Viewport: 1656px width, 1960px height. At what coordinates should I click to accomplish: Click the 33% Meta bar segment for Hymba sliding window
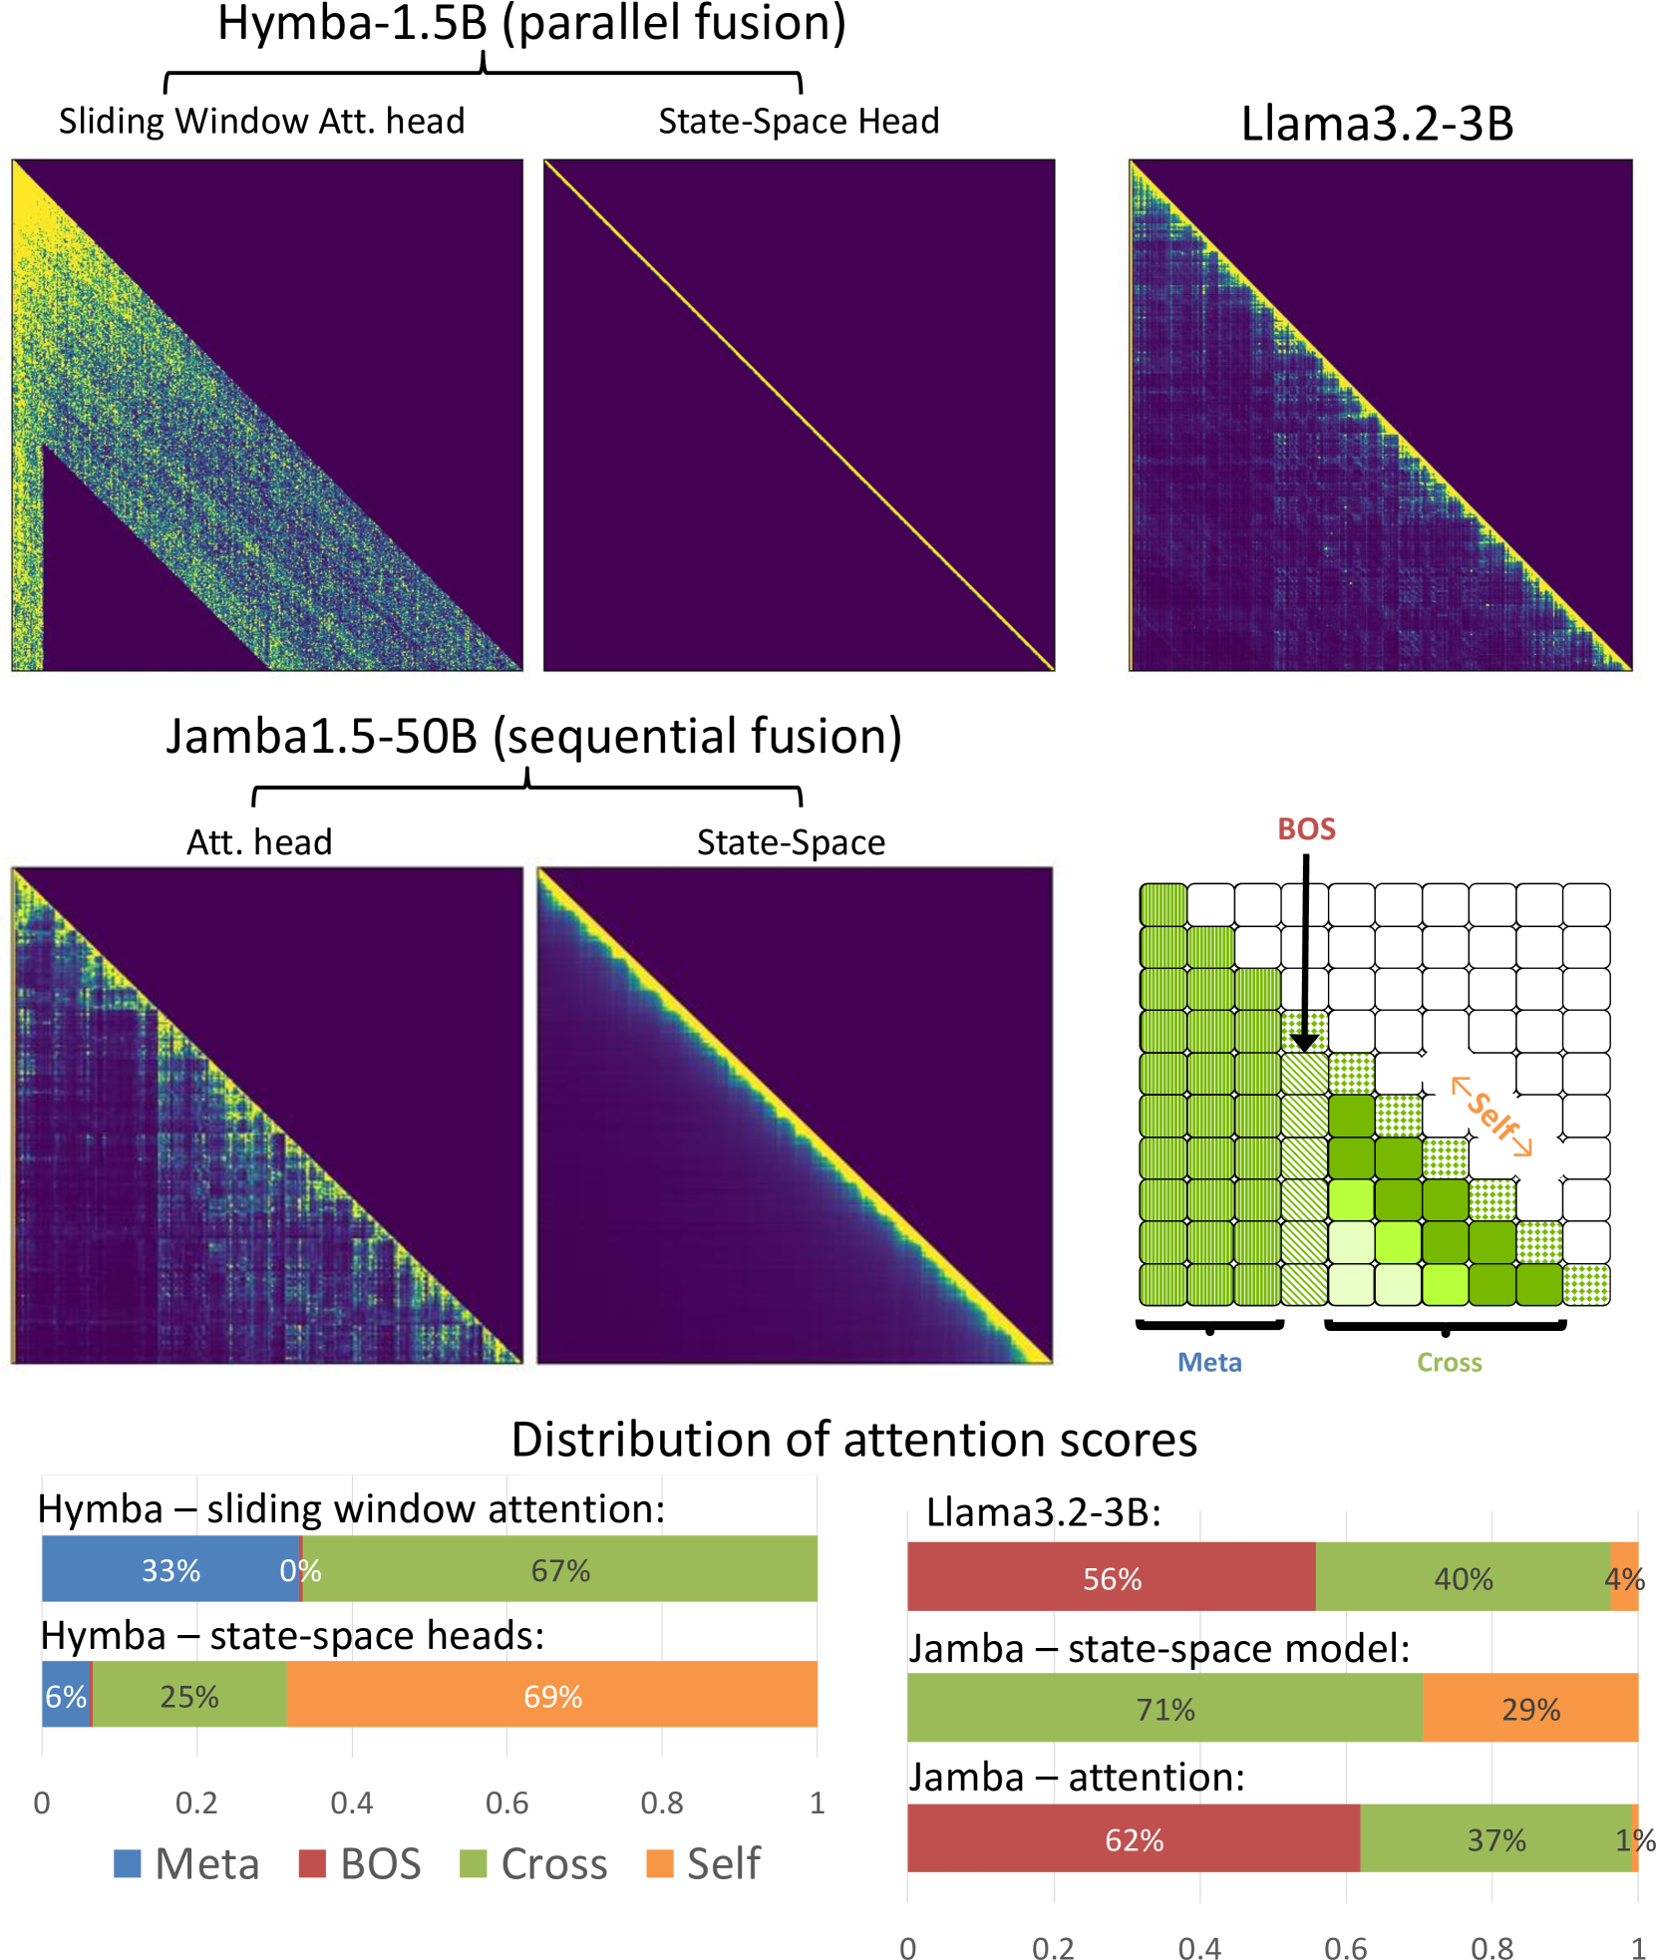pyautogui.click(x=170, y=1570)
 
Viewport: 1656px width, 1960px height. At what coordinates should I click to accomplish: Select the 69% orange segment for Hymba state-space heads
pyautogui.click(x=552, y=1696)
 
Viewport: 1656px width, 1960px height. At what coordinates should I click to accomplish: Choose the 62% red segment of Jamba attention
pyautogui.click(x=1134, y=1839)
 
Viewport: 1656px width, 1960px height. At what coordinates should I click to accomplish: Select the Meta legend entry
pyautogui.click(x=187, y=1863)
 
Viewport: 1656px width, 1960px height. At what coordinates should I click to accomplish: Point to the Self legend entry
pyautogui.click(x=705, y=1863)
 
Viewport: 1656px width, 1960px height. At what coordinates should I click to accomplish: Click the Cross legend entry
pyautogui.click(x=534, y=1863)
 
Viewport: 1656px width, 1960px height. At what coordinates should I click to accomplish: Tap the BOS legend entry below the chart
pyautogui.click(x=361, y=1863)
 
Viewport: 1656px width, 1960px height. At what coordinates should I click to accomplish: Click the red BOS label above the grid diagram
pyautogui.click(x=1306, y=829)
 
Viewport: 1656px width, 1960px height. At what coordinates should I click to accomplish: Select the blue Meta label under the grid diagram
pyautogui.click(x=1209, y=1363)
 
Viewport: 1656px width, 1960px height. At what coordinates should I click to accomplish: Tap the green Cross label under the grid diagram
pyautogui.click(x=1450, y=1363)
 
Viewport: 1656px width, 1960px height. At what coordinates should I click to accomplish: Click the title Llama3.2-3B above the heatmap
pyautogui.click(x=1377, y=125)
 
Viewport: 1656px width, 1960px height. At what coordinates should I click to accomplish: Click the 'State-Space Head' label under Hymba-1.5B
pyautogui.click(x=799, y=122)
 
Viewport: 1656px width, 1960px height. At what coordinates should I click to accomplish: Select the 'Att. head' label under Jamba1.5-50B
pyautogui.click(x=259, y=842)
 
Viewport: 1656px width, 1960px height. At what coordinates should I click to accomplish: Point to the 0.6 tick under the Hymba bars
pyautogui.click(x=506, y=1802)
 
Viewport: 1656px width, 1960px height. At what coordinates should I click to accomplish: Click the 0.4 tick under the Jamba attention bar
pyautogui.click(x=1199, y=1948)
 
